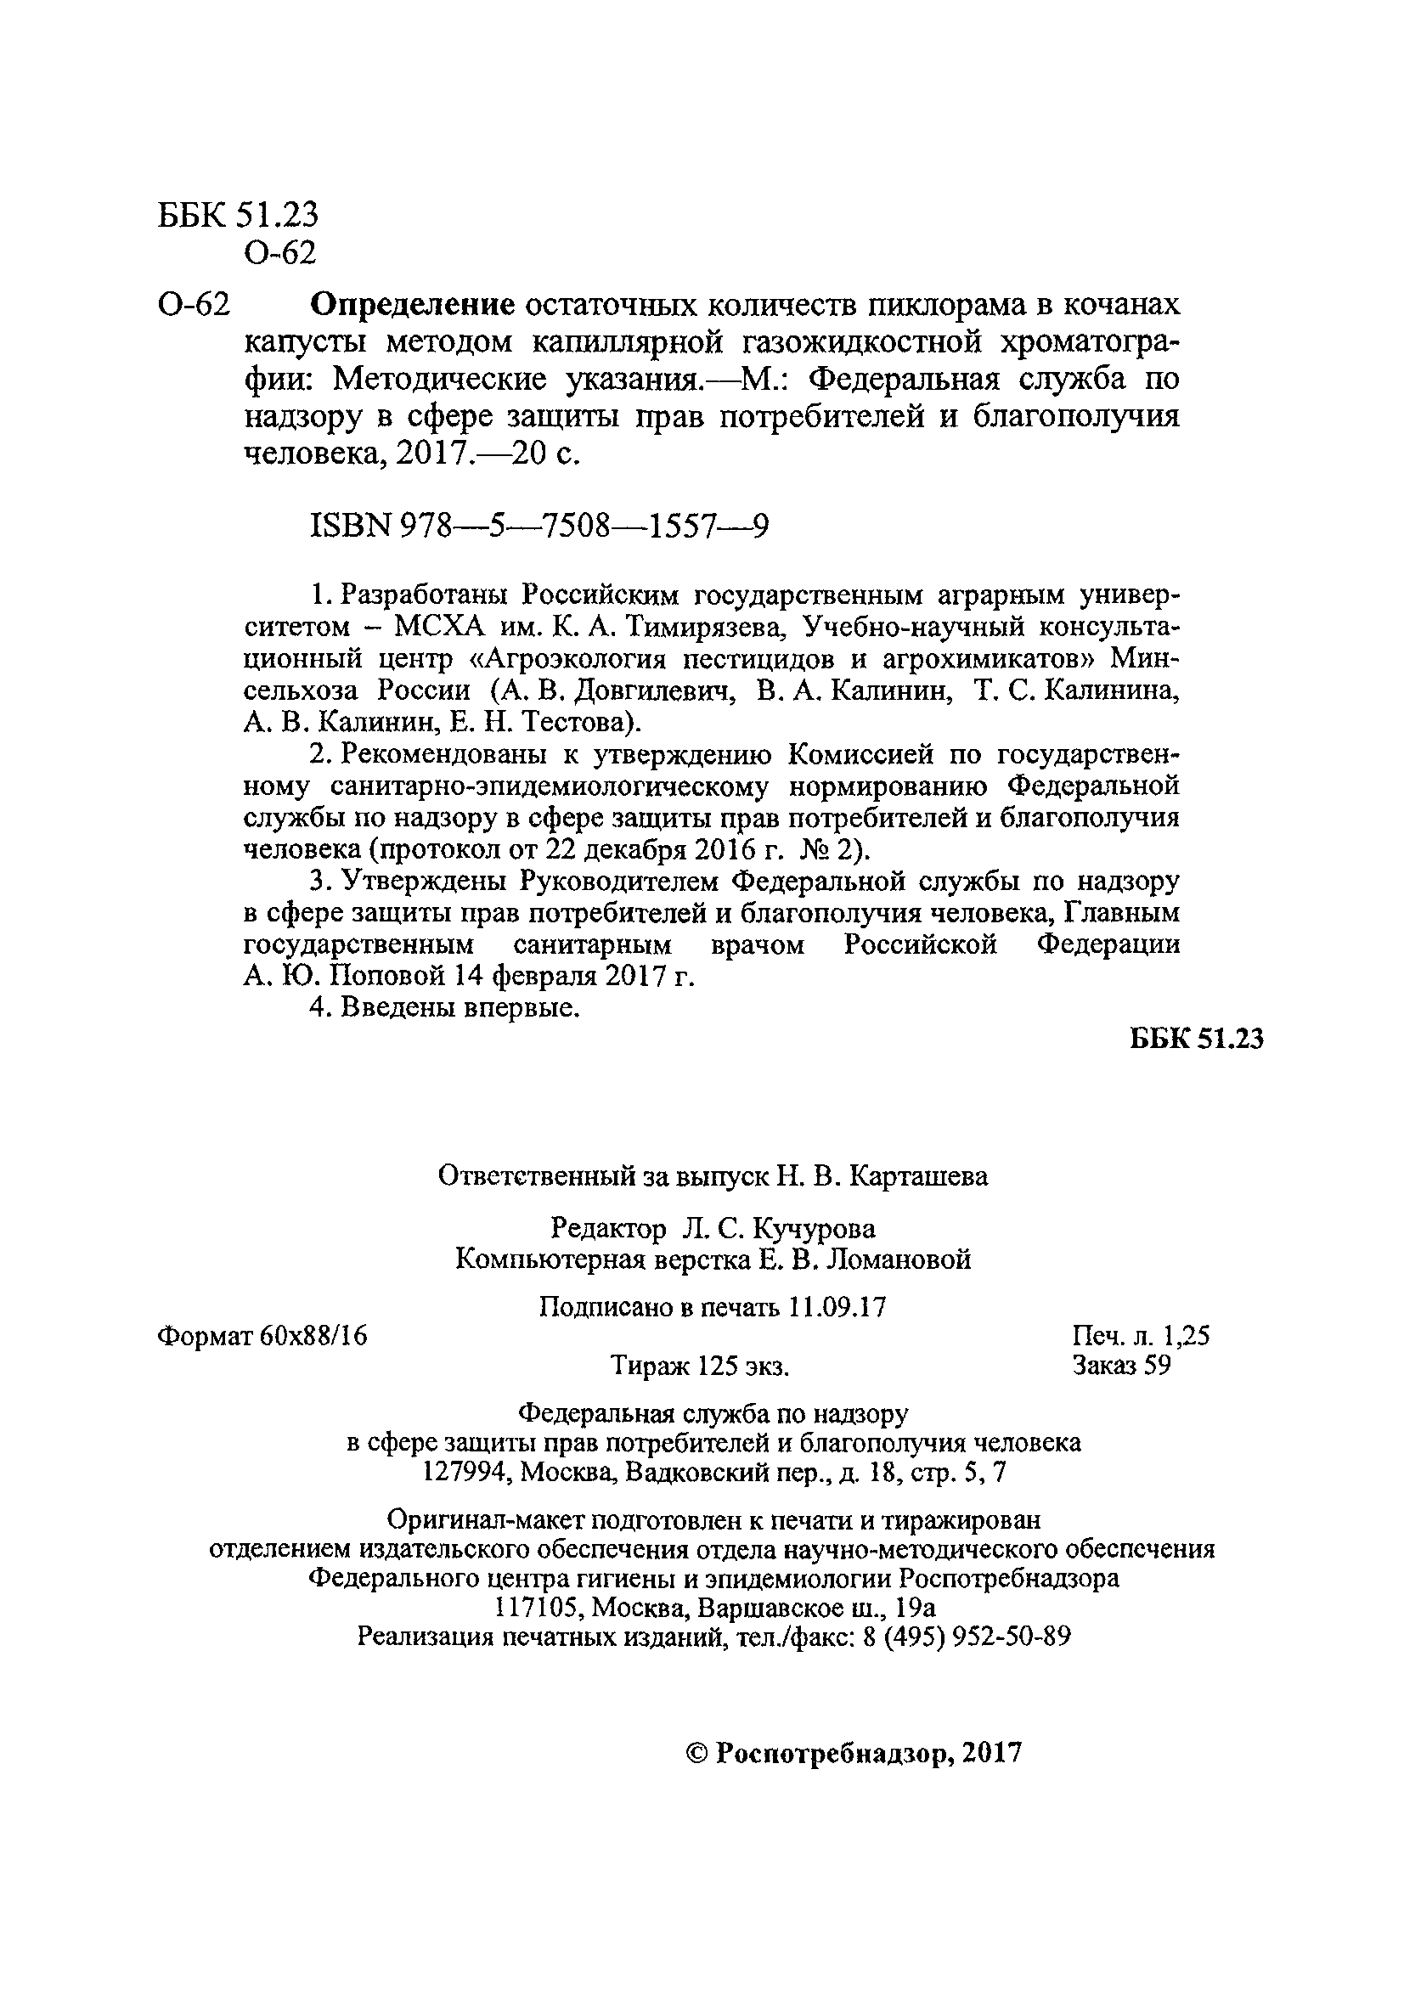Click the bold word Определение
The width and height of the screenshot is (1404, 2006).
(x=413, y=305)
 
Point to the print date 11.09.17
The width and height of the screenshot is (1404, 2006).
(x=836, y=1307)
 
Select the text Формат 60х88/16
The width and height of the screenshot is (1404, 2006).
(x=262, y=1335)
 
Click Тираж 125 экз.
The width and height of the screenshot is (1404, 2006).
(x=700, y=1366)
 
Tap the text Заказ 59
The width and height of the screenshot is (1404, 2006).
(x=1121, y=1365)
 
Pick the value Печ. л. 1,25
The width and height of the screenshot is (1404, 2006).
(x=1140, y=1335)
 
